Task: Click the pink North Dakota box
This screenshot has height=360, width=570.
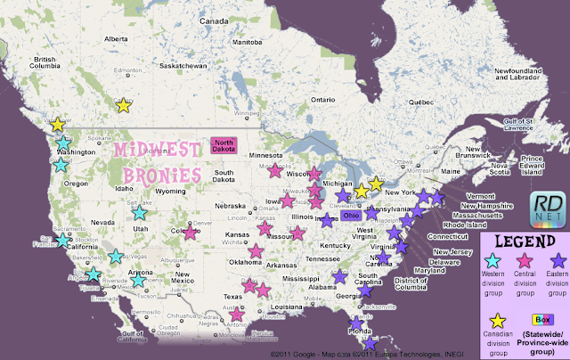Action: tap(223, 146)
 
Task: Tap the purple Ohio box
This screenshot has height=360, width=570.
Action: tap(351, 215)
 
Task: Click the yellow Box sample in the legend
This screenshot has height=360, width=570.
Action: tap(539, 319)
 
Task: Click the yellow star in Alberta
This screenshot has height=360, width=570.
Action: tap(124, 105)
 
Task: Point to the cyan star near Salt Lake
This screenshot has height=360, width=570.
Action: tap(139, 212)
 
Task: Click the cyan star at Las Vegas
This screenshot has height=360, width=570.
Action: tap(116, 257)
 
